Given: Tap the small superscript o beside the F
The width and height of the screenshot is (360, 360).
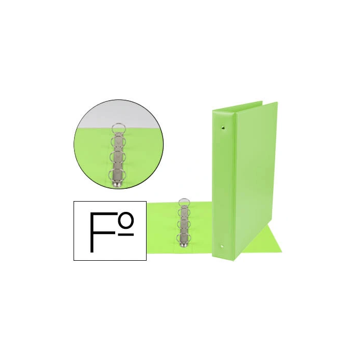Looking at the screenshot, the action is [126, 219].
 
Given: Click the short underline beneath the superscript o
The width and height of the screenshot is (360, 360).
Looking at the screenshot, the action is [126, 235].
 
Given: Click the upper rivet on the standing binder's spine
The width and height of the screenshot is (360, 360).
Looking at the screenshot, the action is [223, 127].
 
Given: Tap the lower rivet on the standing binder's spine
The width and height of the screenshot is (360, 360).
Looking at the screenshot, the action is [222, 246].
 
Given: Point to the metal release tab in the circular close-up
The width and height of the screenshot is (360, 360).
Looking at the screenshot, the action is [118, 185].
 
